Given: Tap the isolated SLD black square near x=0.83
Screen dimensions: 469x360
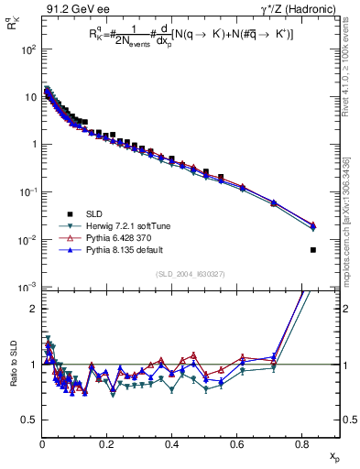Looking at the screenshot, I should (x=313, y=250).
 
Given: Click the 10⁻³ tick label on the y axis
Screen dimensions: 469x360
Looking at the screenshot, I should (x=27, y=288).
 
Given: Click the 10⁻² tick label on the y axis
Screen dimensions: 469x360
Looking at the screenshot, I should (x=27, y=240).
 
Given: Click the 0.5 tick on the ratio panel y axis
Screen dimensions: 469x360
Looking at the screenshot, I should (x=30, y=420).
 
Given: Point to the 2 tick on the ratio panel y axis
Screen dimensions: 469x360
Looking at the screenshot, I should (x=33, y=309).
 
